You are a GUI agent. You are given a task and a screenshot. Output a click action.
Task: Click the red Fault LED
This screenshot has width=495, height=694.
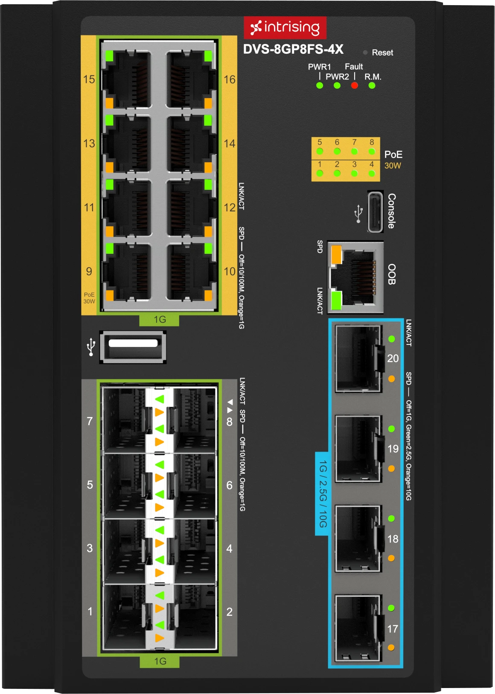(354, 85)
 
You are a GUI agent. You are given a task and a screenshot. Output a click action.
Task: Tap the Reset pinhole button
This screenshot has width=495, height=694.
(365, 52)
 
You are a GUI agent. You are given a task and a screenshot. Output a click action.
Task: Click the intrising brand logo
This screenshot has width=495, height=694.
(285, 28)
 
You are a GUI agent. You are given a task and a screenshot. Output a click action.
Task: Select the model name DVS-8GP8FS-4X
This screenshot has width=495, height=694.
(293, 50)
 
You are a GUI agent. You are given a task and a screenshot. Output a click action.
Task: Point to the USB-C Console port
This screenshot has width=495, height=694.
(375, 212)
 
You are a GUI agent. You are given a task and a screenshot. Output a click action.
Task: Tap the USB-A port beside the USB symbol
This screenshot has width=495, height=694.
(133, 347)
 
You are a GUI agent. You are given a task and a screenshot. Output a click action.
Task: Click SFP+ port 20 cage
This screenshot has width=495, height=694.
(358, 359)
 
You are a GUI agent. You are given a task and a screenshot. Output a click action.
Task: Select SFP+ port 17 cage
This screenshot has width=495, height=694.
(358, 628)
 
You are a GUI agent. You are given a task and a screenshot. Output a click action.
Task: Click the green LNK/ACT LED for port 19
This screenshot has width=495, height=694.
(391, 429)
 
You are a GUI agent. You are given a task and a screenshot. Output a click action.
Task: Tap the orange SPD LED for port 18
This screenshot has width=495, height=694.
(391, 558)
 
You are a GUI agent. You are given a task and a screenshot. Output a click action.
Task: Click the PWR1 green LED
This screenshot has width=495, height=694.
(320, 85)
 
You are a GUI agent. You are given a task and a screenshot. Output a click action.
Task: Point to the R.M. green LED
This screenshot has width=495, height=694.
(372, 85)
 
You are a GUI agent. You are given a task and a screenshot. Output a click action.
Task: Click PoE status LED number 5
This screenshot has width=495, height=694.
(320, 152)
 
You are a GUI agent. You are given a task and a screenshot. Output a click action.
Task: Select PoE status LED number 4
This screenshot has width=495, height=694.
(372, 173)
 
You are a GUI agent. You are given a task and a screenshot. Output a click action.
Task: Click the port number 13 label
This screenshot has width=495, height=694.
(89, 143)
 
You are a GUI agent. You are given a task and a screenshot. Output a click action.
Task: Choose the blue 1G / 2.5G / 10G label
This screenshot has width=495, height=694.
(322, 493)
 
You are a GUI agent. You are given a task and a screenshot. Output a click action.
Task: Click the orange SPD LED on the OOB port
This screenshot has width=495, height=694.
(336, 254)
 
